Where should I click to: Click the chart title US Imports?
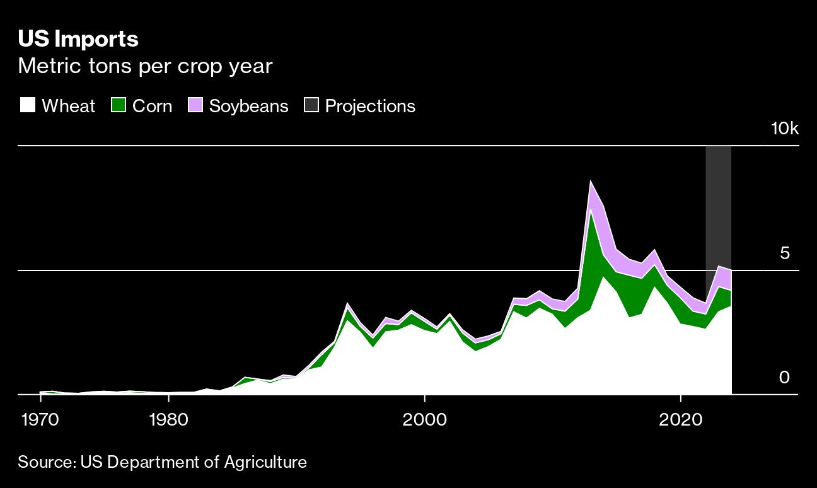tap(78, 39)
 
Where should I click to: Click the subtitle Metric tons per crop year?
tap(145, 66)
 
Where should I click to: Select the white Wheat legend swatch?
tap(27, 105)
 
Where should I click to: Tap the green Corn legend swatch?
tap(118, 105)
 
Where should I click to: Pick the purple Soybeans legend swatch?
tap(195, 105)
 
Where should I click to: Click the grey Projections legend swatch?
tap(311, 105)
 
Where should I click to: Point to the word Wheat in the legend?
tap(68, 106)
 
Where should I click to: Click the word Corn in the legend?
tap(152, 106)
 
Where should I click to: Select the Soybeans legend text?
tap(248, 106)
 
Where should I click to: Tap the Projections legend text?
tap(370, 106)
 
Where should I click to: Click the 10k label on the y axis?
tap(784, 129)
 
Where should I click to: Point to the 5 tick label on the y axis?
tap(784, 253)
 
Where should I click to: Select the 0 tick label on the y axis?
tap(784, 377)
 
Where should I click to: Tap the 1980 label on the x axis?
tap(168, 419)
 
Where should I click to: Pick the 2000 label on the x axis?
tap(425, 419)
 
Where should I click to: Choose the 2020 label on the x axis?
tap(681, 419)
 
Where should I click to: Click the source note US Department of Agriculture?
tap(162, 462)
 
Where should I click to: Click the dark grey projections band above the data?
tap(718, 202)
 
